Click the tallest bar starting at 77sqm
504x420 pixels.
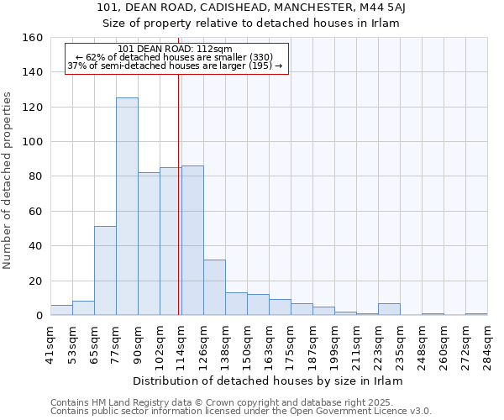[127, 207]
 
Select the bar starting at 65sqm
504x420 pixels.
[105, 270]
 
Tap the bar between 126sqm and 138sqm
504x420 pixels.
[214, 287]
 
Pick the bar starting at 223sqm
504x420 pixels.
[389, 309]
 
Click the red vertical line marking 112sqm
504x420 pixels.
[179, 193]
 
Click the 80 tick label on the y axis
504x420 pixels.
[35, 176]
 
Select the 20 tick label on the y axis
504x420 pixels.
[35, 281]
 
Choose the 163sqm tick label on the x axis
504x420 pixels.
[270, 344]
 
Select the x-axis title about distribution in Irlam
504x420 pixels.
[268, 381]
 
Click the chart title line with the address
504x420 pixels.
[251, 8]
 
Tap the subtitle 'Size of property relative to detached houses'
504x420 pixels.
[251, 24]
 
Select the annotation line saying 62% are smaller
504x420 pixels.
[176, 57]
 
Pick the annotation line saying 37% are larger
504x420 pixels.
[176, 66]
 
